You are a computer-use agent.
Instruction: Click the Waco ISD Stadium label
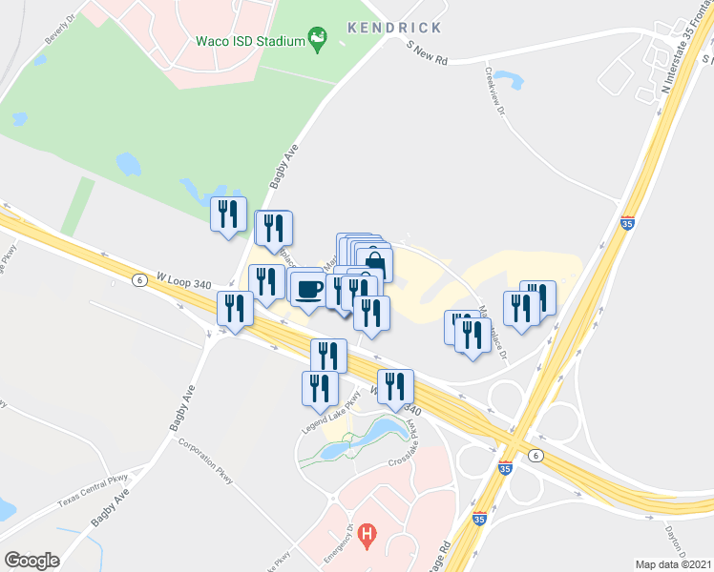[249, 41]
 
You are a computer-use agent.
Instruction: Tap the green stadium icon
[318, 40]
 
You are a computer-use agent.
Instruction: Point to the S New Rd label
[426, 51]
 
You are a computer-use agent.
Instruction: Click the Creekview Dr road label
[493, 92]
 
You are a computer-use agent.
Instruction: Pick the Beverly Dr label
[59, 29]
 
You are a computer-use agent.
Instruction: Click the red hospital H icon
[367, 536]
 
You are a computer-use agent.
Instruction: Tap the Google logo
[31, 561]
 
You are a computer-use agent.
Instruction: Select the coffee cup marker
[306, 286]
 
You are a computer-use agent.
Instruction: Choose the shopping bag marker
[374, 264]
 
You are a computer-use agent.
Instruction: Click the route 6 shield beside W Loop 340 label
[139, 280]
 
